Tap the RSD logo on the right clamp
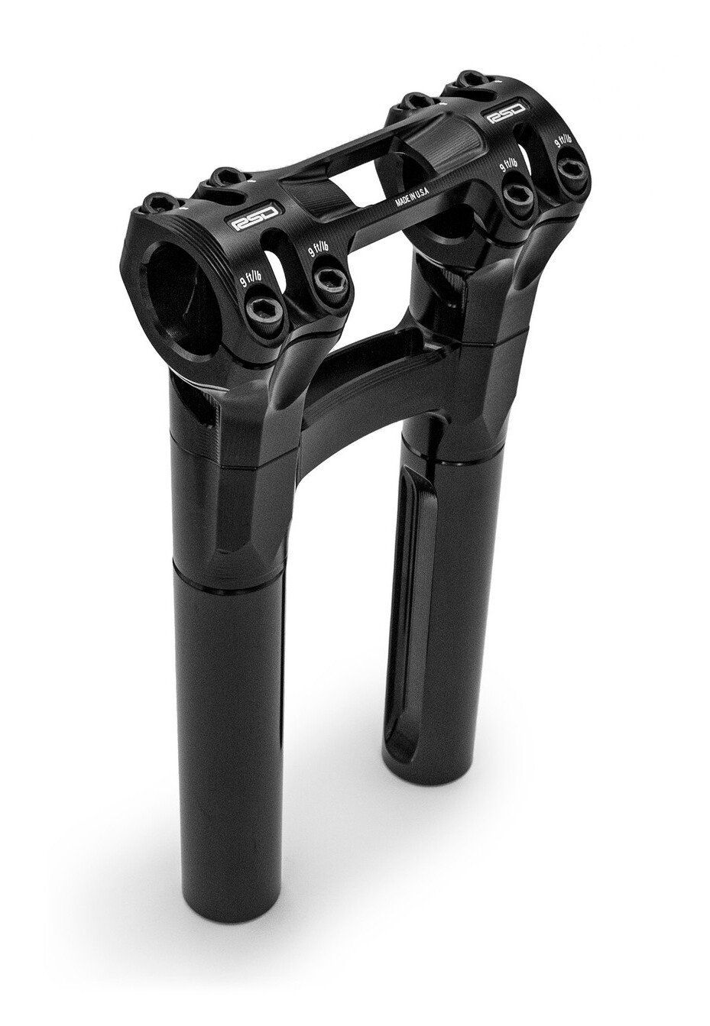click(x=507, y=115)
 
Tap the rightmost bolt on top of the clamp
click(x=470, y=79)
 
